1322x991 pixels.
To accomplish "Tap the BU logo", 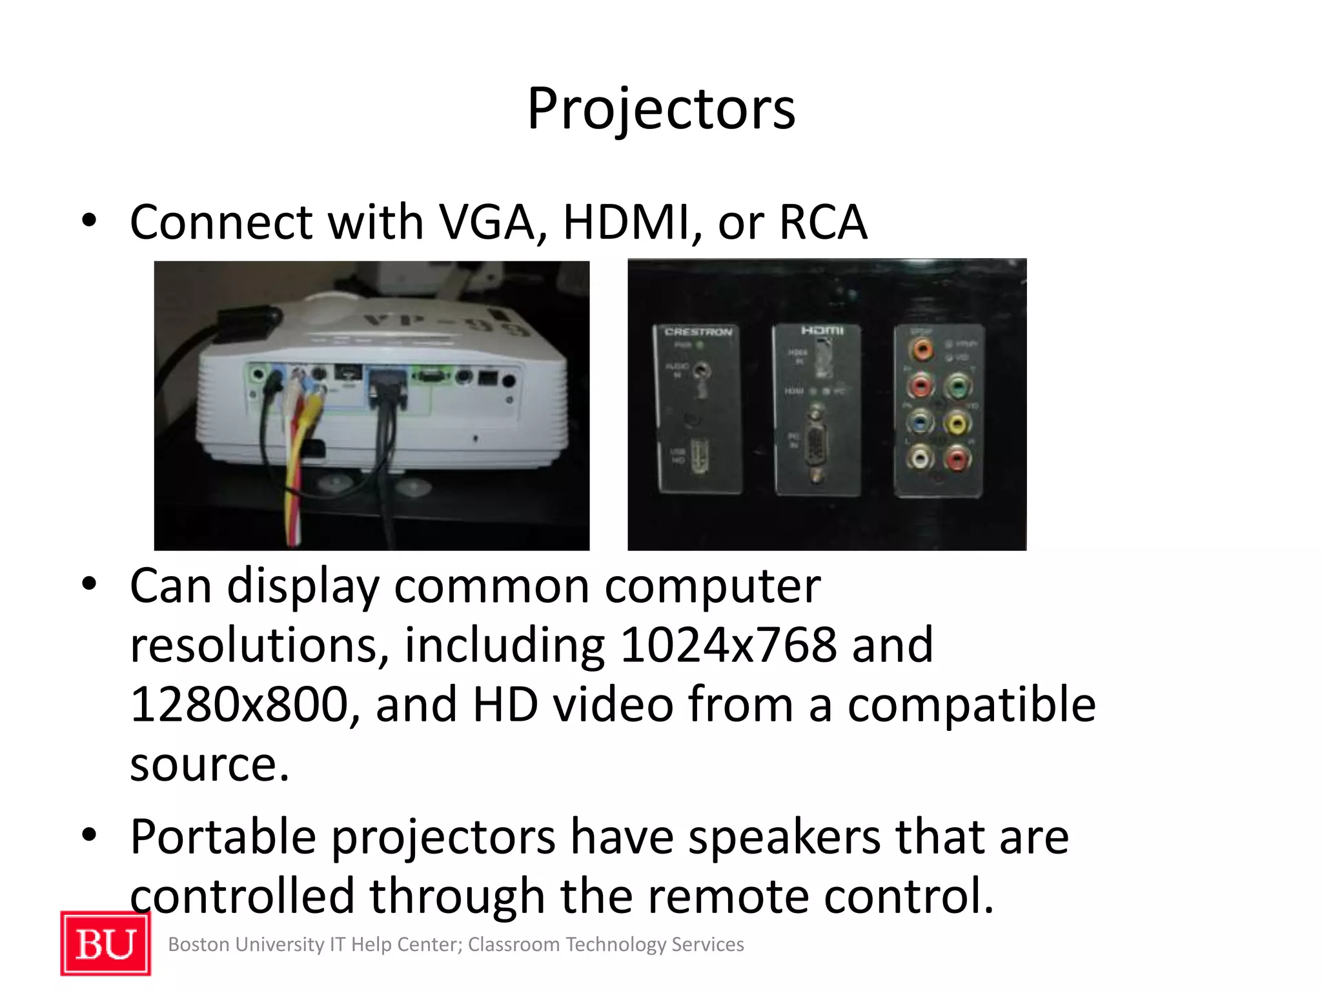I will [x=106, y=943].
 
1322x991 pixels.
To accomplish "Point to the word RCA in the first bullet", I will [x=823, y=223].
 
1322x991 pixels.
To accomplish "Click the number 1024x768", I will [x=729, y=645].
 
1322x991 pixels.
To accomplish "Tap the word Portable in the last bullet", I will [x=223, y=837].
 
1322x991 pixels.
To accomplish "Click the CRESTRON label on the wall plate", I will [x=698, y=332].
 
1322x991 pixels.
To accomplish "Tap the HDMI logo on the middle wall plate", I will [x=822, y=330].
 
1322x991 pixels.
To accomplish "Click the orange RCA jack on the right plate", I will [x=921, y=350].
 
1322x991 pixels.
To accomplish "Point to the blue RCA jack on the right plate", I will [x=920, y=423].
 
